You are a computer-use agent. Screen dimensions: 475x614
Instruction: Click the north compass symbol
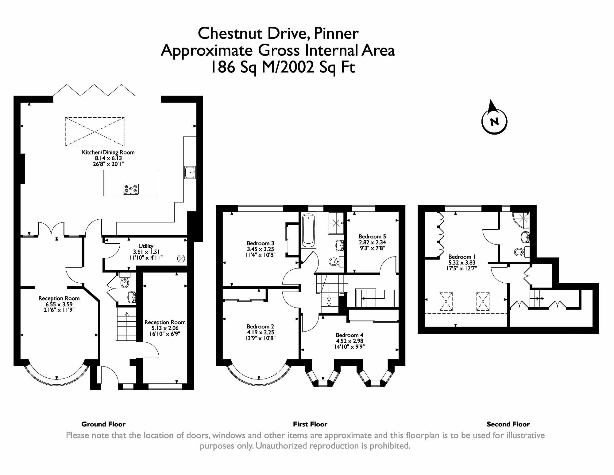pos(494,121)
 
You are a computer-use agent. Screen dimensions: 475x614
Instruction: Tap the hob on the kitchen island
pos(131,189)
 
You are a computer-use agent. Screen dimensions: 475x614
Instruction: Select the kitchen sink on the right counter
pos(190,172)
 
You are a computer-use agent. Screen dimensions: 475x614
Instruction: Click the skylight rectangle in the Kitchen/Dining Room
pos(95,132)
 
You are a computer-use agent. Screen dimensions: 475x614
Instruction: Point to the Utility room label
pos(146,246)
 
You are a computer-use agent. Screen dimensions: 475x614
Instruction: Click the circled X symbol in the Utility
pos(181,259)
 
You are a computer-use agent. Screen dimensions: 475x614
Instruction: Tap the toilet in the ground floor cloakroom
pos(125,282)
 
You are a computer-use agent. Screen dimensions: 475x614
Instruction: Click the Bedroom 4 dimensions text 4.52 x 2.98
pos(349,341)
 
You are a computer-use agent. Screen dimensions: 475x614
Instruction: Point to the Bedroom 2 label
pos(260,326)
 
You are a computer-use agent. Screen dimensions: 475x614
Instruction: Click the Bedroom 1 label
pos(460,257)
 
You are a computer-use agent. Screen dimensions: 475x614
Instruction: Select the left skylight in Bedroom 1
pos(446,301)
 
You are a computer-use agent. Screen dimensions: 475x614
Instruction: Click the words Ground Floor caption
pos(103,424)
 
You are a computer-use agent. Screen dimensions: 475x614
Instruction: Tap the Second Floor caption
pos(508,424)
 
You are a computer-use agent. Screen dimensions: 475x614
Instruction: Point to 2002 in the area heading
pos(297,67)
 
